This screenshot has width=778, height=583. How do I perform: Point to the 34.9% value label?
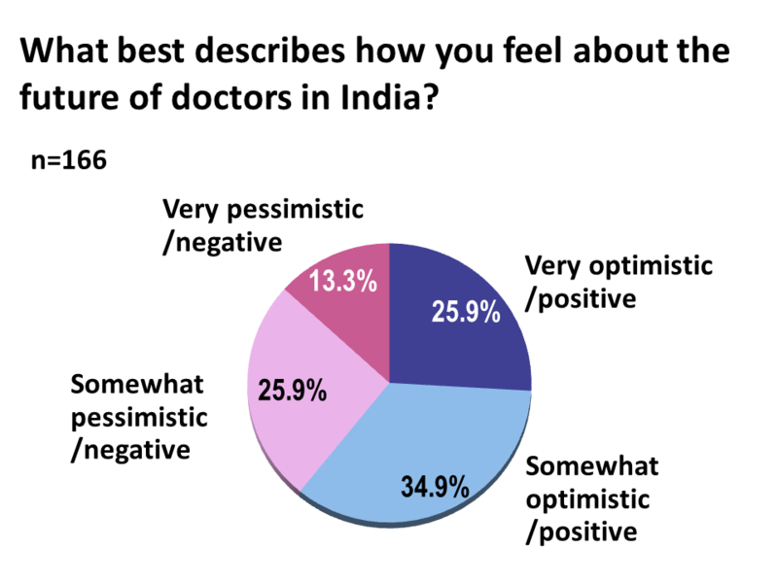click(x=436, y=483)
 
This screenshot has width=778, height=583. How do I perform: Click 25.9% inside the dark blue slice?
click(x=465, y=313)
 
